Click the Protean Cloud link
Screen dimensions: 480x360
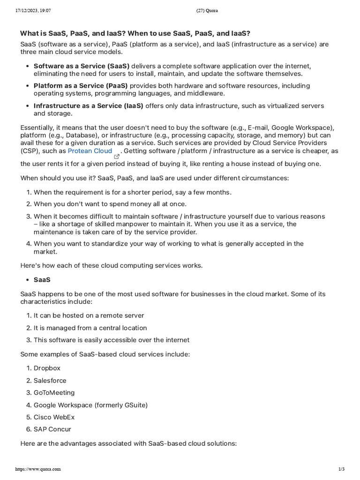(x=90, y=151)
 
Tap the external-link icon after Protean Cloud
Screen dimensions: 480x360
(x=117, y=157)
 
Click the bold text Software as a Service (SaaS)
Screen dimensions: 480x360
(x=81, y=66)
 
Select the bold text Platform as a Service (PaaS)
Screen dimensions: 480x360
(x=80, y=86)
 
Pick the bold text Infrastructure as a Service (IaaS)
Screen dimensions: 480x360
(x=88, y=106)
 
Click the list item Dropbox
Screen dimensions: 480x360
(x=47, y=368)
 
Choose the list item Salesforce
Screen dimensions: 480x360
(x=50, y=381)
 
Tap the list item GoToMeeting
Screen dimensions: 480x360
(x=54, y=393)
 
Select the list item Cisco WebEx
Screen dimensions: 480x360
(x=54, y=417)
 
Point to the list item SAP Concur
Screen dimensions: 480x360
(x=52, y=429)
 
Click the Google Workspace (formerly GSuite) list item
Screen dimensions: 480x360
(x=90, y=405)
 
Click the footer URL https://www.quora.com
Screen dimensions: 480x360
(x=38, y=469)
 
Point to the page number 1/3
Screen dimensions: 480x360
(x=341, y=469)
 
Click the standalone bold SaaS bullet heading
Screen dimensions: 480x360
(x=42, y=280)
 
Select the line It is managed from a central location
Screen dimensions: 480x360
(x=90, y=328)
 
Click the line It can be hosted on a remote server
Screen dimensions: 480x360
(x=89, y=316)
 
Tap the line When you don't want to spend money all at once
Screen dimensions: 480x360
(x=110, y=204)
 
